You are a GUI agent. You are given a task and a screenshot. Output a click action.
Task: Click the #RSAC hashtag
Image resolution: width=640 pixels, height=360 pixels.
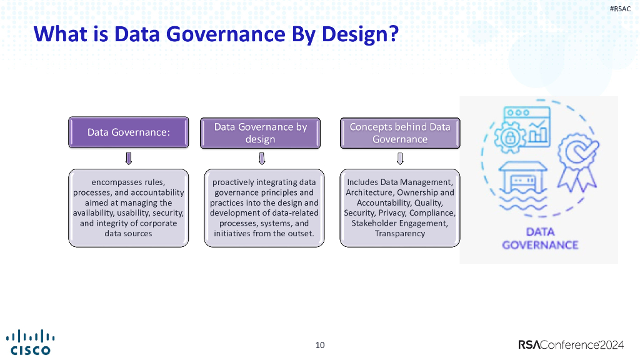(x=620, y=9)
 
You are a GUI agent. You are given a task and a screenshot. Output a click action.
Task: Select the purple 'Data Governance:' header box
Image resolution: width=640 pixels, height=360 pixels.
(x=128, y=132)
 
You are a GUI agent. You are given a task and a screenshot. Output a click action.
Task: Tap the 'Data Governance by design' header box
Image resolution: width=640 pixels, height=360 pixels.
(x=261, y=132)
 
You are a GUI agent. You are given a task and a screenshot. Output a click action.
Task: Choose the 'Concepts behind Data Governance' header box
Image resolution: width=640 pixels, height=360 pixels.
(x=399, y=132)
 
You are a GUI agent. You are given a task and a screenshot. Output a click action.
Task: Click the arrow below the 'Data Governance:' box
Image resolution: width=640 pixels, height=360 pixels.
(x=128, y=158)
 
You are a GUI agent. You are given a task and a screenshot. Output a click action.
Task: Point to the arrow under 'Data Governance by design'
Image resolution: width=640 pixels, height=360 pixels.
(x=261, y=158)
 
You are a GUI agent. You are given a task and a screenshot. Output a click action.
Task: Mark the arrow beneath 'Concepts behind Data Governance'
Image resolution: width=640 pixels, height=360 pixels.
(x=400, y=158)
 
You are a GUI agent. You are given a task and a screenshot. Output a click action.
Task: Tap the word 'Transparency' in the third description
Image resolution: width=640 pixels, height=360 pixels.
(x=400, y=234)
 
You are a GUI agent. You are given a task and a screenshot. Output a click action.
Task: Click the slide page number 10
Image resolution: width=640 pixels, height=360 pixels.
(x=320, y=345)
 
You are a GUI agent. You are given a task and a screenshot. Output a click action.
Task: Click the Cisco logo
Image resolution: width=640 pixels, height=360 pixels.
(x=30, y=341)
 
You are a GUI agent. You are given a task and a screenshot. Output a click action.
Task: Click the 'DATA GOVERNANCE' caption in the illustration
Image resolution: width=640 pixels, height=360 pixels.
(x=540, y=238)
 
